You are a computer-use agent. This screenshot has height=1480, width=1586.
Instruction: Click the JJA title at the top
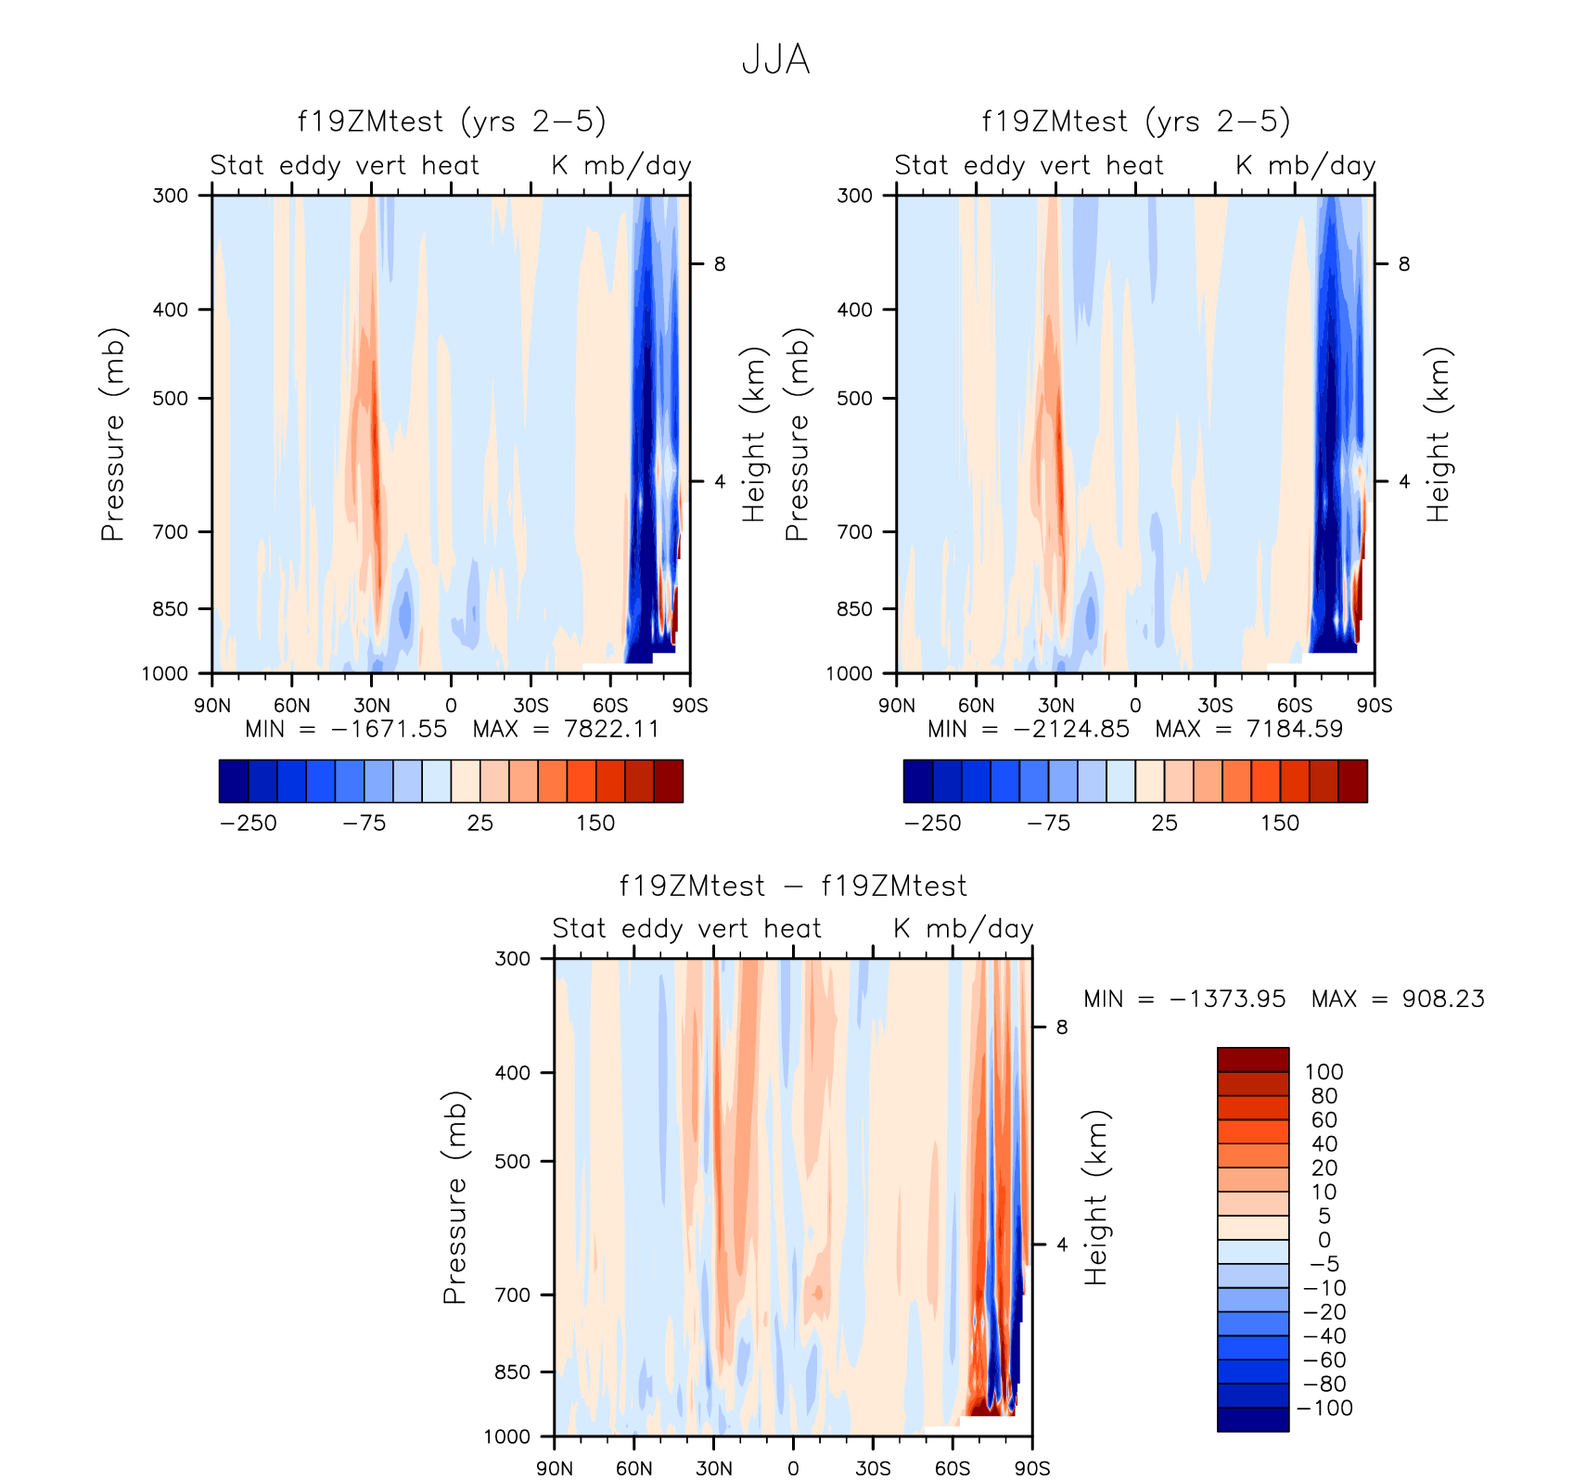click(776, 60)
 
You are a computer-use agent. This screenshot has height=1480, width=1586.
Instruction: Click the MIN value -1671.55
click(389, 729)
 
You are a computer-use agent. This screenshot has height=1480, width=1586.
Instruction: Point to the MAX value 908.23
click(1443, 999)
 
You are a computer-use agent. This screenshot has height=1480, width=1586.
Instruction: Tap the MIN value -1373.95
click(1228, 999)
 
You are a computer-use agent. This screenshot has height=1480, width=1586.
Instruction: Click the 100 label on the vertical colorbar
click(1324, 1072)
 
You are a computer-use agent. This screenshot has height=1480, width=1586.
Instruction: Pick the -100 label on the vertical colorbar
click(1324, 1409)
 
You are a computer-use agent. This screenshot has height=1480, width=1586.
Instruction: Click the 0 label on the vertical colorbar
click(1324, 1240)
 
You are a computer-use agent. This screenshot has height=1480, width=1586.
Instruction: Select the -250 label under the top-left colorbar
click(249, 823)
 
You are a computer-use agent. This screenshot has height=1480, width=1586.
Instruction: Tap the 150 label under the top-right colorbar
click(1280, 823)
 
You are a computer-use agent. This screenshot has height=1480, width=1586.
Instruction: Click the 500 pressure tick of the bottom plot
click(512, 1161)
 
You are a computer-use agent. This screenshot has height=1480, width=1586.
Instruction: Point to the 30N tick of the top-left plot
click(372, 706)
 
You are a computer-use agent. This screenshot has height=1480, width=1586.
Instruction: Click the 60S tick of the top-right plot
click(1295, 706)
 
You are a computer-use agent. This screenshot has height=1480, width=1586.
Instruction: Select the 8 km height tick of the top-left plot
click(720, 264)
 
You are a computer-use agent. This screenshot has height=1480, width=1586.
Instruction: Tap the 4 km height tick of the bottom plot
click(1062, 1244)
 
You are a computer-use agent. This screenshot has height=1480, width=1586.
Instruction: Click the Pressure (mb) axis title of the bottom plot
click(454, 1197)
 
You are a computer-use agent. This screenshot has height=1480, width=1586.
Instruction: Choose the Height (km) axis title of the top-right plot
click(1439, 434)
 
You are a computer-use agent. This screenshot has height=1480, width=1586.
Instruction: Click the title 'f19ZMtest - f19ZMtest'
click(793, 886)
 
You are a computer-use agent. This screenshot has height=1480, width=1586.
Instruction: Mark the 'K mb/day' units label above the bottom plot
click(964, 928)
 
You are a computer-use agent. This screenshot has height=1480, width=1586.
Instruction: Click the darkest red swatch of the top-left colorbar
click(669, 781)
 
